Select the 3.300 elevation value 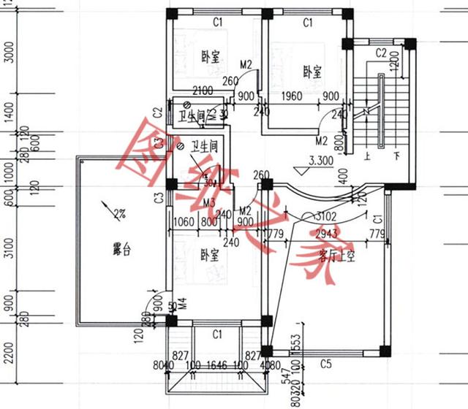point(322,161)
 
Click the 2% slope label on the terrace point(119,214)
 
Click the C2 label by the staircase point(381,53)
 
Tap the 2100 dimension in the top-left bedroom point(203,91)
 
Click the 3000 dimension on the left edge point(10,53)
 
